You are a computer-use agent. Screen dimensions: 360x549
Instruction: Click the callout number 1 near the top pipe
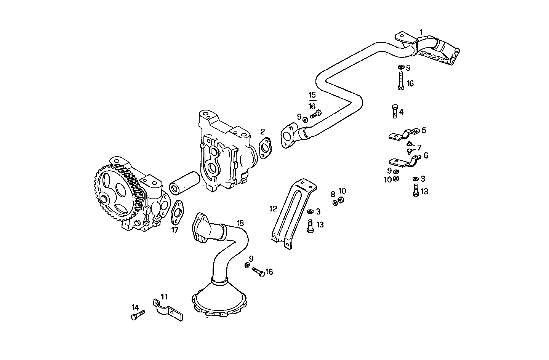point(421,32)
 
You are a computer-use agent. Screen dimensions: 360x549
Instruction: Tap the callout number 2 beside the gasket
point(262,132)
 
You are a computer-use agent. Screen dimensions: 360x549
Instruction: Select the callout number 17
point(175,230)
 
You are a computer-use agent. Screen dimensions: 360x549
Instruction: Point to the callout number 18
point(240,223)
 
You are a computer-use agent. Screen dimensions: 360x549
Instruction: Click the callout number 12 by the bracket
point(273,209)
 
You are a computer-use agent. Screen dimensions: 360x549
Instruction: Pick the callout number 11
point(164,296)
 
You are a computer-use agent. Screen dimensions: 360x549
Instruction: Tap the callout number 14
point(135,307)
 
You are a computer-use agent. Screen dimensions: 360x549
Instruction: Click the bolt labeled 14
point(138,315)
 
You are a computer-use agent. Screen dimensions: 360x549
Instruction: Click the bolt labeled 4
point(395,111)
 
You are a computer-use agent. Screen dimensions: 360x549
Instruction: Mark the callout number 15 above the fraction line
point(312,95)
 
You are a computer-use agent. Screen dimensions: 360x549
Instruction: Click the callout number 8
point(333,194)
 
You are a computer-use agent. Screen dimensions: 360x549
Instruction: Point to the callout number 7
point(419,147)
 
